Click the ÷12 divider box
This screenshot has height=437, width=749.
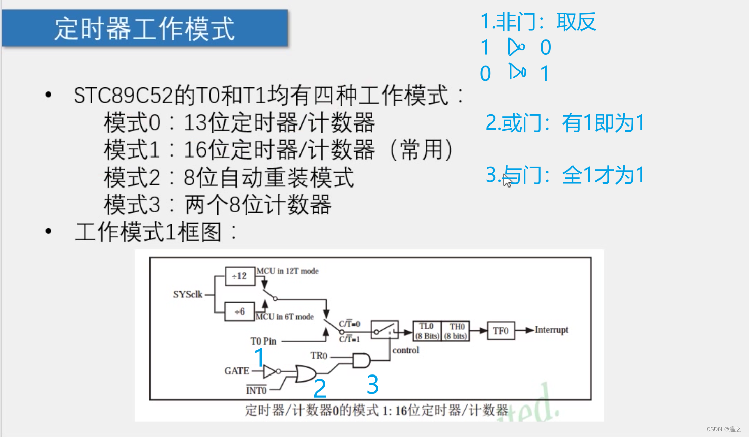[x=239, y=276]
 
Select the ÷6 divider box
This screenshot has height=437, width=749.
[x=239, y=311]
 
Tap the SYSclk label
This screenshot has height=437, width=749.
[x=188, y=295]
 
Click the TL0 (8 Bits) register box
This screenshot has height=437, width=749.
[x=427, y=331]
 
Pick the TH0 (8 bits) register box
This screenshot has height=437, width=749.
[x=456, y=331]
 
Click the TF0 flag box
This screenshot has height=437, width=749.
[x=500, y=331]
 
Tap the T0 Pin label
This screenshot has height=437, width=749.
[x=263, y=341]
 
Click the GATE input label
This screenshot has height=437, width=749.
[x=236, y=371]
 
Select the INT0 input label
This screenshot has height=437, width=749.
[x=256, y=390]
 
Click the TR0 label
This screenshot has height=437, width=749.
[x=319, y=356]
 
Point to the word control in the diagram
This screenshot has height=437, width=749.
[x=405, y=350]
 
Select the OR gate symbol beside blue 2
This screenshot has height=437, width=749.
[x=305, y=375]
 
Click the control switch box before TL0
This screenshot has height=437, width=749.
[x=384, y=330]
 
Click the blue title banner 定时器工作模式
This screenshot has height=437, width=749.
[x=145, y=28]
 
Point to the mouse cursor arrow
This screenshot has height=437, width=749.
[x=507, y=180]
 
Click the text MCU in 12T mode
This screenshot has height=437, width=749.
[x=287, y=271]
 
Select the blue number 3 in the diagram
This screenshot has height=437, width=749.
[x=373, y=385]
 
